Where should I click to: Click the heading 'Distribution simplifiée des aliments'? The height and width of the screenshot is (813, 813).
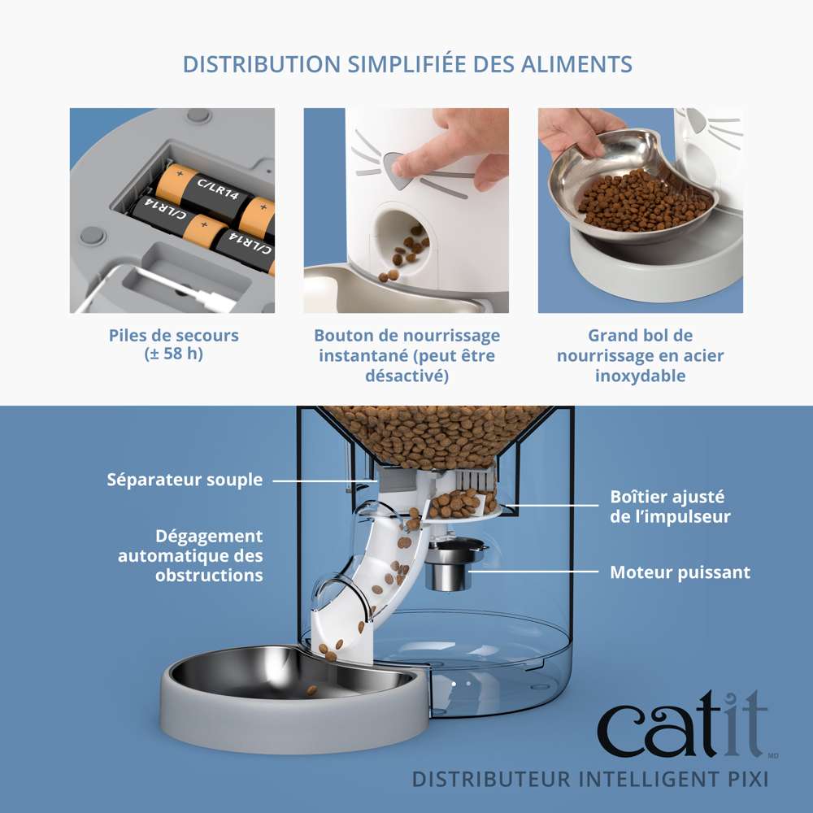[406, 64]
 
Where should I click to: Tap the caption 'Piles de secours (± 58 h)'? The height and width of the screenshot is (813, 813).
[173, 344]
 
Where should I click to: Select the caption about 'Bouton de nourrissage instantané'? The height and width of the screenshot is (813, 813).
[406, 355]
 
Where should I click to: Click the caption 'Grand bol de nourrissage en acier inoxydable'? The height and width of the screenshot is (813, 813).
[640, 355]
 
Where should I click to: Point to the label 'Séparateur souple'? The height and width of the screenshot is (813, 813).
[185, 480]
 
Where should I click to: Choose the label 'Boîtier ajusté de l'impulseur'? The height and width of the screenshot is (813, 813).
[670, 506]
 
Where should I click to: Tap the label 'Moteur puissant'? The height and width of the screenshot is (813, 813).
[680, 572]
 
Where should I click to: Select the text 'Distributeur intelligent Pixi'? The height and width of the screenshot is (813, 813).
[589, 779]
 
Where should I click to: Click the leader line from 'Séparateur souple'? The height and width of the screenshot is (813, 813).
[325, 480]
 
